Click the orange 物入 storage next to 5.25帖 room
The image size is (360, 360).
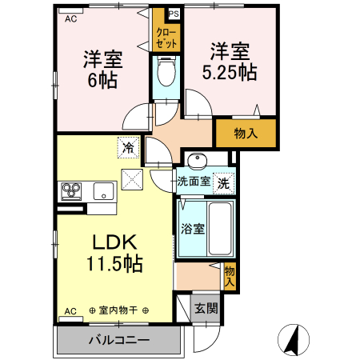245,133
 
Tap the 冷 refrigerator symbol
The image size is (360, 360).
129,146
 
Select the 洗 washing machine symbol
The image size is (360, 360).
224,182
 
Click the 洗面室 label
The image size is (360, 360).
194,182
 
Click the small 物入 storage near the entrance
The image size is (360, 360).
230,275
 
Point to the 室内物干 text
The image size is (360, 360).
119,310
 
